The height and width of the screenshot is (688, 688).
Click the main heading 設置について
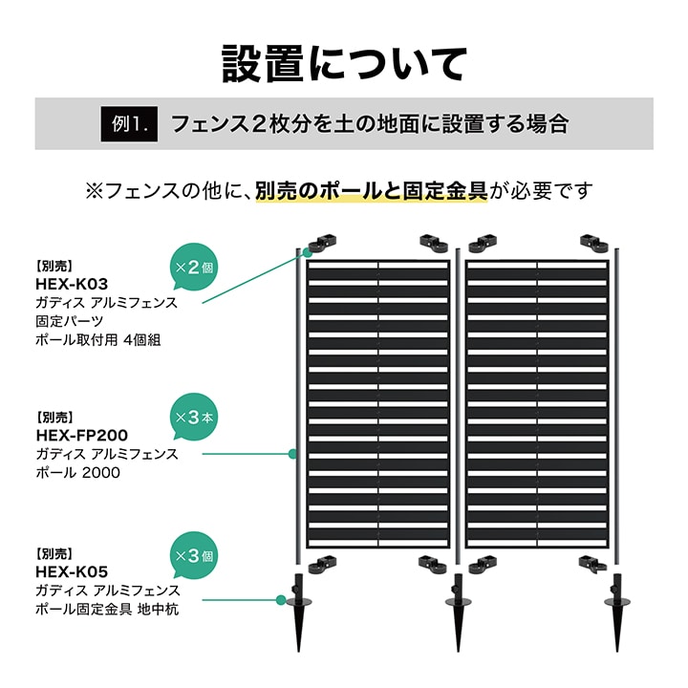(344, 64)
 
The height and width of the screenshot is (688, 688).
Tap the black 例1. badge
(129, 124)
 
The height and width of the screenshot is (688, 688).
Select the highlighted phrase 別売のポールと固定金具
(371, 191)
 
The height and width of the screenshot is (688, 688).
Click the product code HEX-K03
(72, 285)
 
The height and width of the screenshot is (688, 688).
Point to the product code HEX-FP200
(81, 436)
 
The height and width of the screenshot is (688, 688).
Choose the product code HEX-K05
(72, 571)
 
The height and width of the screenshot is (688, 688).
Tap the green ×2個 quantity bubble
(193, 267)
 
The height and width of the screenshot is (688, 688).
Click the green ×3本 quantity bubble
(193, 417)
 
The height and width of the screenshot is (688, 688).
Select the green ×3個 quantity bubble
(193, 555)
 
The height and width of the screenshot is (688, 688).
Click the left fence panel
(377, 404)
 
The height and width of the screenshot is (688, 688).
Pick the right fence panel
(537, 404)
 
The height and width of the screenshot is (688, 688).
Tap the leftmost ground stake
(299, 613)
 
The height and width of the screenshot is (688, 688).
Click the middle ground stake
(458, 613)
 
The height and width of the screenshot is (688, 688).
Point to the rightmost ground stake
(617, 613)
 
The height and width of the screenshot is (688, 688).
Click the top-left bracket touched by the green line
(323, 244)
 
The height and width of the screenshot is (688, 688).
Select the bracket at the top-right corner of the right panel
(594, 244)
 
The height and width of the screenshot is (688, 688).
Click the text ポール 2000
(77, 473)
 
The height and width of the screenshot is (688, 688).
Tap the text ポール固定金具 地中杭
(107, 609)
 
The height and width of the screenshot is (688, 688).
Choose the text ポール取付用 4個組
(98, 339)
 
